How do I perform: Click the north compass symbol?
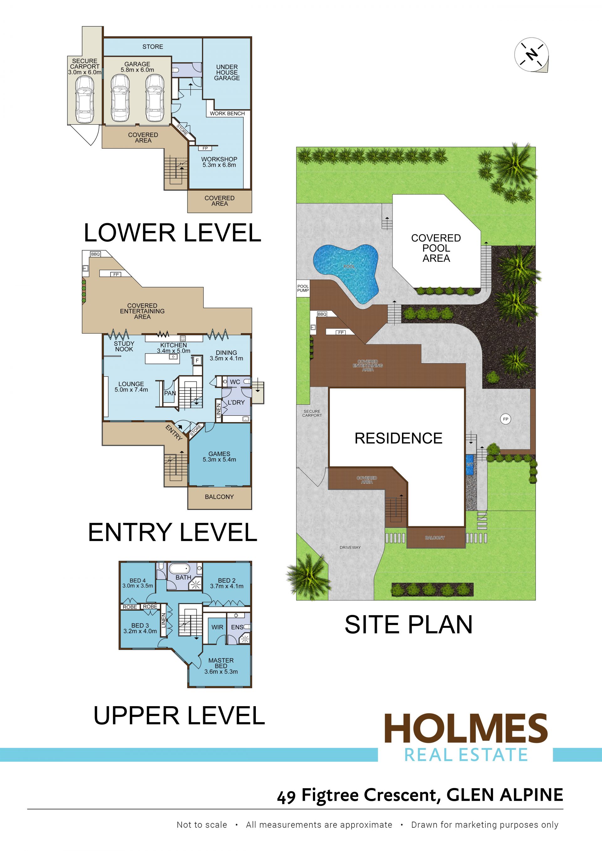click(x=531, y=55)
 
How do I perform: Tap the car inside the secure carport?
click(x=85, y=100)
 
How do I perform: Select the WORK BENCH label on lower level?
click(x=227, y=113)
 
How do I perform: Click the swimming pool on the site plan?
click(x=346, y=273)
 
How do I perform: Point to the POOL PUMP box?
click(x=303, y=288)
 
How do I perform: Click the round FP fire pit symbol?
click(x=506, y=419)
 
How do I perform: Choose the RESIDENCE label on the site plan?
click(x=399, y=438)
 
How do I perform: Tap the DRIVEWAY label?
click(x=350, y=547)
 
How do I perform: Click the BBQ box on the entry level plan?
click(x=96, y=254)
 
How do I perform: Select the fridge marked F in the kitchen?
click(x=197, y=360)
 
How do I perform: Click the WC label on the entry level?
click(x=235, y=382)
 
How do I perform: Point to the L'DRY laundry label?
click(x=236, y=402)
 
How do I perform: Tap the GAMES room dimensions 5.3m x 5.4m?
click(x=219, y=460)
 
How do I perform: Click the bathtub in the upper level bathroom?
click(x=179, y=569)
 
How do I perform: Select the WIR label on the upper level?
click(x=217, y=627)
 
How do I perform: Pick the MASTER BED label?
click(x=221, y=663)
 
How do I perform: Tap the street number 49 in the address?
click(x=286, y=796)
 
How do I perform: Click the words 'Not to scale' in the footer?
click(x=202, y=825)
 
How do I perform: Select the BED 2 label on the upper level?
click(x=226, y=580)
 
